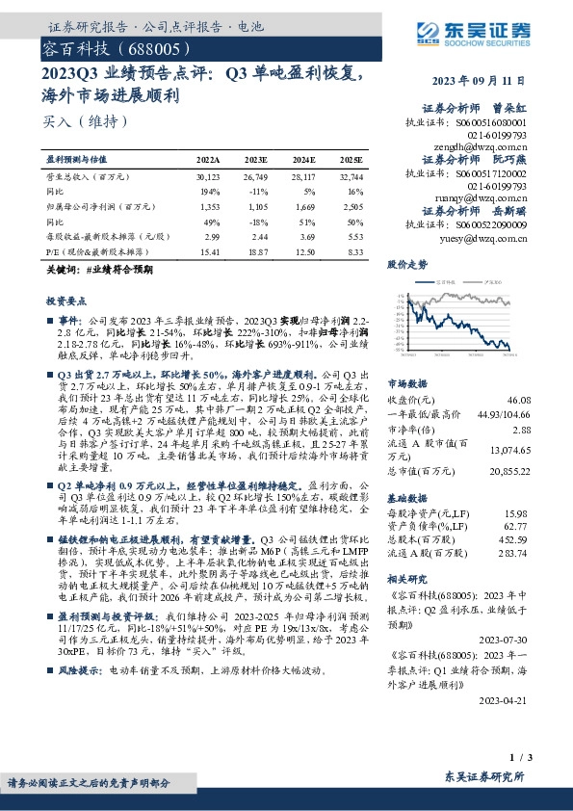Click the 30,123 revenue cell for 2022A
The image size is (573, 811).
208,177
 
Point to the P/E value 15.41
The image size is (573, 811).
209,250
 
